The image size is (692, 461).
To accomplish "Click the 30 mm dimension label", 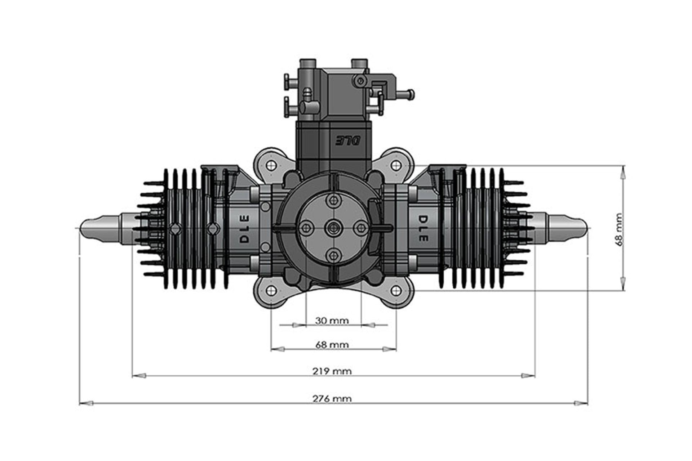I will pos(332,321).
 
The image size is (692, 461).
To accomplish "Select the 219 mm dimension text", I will pos(332,371).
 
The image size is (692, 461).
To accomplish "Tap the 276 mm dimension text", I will pos(332,399).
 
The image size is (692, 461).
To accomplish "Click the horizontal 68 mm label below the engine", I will pos(332,345).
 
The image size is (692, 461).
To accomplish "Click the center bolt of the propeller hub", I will pos(333,228).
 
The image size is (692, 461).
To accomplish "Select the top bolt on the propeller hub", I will pos(333,200).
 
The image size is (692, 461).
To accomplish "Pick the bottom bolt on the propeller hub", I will pos(333,255).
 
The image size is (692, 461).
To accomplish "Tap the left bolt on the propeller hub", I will pos(306,228).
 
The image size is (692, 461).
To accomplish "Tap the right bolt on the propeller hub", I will pos(360,228).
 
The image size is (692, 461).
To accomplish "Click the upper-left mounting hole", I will pos(271,165).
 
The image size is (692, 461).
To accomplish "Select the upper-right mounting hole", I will pos(396,165).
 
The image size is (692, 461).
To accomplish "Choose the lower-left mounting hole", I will pos(271,290).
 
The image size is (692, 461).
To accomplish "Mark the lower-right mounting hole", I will pos(396,290).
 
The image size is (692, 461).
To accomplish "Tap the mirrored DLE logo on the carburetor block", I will pos(349,141).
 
